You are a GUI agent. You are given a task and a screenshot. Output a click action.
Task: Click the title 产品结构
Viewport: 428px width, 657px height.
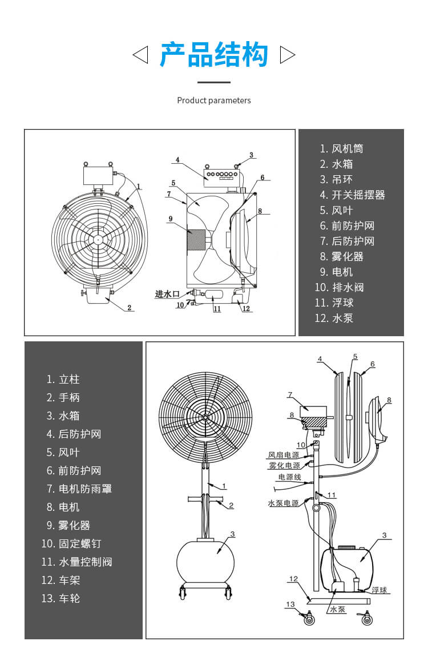[214, 55]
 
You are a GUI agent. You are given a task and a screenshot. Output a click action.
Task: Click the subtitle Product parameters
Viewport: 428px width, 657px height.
[214, 100]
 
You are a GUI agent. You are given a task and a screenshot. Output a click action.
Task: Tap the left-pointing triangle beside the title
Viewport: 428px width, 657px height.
[140, 55]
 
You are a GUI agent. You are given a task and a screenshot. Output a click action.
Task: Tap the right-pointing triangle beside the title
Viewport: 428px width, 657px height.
[288, 55]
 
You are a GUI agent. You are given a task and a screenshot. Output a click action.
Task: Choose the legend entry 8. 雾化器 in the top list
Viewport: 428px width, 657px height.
[341, 256]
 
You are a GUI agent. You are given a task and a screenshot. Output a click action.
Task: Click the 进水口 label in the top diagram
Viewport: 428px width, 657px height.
[167, 294]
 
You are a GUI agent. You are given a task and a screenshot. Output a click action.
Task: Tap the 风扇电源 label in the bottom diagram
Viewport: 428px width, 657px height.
[284, 456]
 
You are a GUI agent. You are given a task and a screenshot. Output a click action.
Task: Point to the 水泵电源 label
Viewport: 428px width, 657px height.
[284, 503]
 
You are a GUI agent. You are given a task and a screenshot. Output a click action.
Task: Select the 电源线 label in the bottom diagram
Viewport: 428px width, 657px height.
[289, 477]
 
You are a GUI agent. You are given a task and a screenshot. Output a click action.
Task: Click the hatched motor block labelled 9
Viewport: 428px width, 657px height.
[199, 239]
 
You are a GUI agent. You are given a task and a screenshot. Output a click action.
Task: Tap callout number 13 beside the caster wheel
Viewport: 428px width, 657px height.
[290, 604]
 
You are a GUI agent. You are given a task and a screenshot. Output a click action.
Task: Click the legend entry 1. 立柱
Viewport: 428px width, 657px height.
[63, 379]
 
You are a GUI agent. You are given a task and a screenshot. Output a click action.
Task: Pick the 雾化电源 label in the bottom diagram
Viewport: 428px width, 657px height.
[284, 465]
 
